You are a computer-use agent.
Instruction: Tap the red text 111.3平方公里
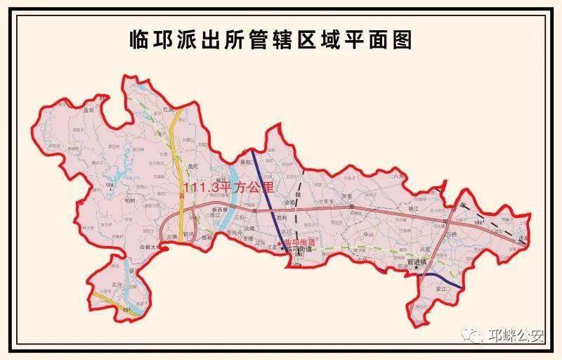click(x=227, y=188)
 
